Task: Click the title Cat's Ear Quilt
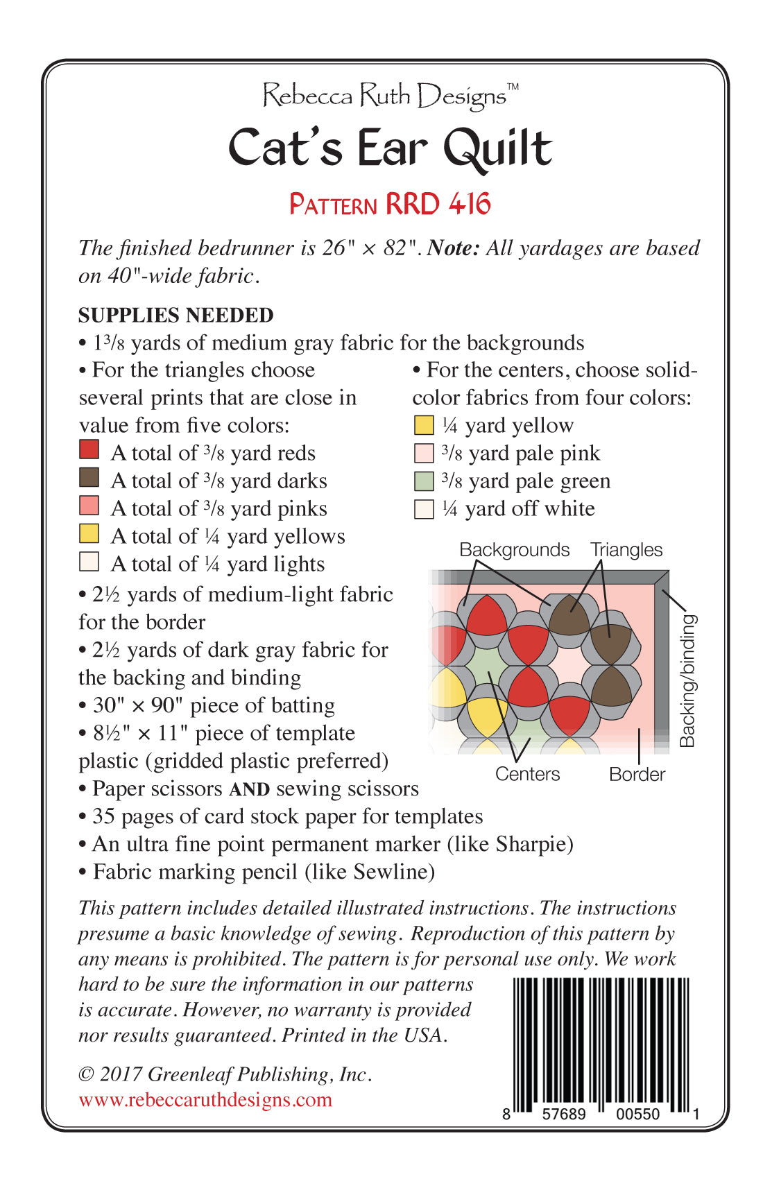tap(390, 148)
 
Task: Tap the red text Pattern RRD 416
tap(390, 204)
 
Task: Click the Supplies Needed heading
tap(175, 315)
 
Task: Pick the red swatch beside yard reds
tap(89, 449)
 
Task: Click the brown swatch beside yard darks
tap(89, 477)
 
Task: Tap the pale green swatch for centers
tap(423, 481)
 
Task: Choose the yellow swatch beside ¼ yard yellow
tap(423, 425)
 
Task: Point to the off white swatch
tap(423, 509)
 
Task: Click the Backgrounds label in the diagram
tap(514, 550)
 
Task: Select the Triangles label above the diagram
tap(626, 550)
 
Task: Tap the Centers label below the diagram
tap(527, 774)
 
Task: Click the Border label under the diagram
tap(637, 774)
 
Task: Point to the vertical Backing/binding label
tap(687, 680)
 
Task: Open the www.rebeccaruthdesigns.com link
tap(205, 1099)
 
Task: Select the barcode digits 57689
tap(563, 1114)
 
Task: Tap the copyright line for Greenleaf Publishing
tap(225, 1074)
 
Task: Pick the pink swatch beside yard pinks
tap(89, 505)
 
